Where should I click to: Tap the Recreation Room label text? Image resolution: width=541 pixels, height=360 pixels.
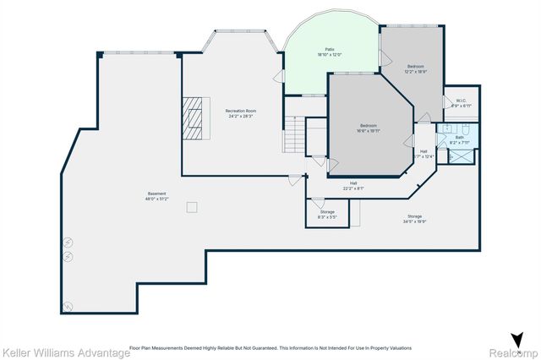pos(241,113)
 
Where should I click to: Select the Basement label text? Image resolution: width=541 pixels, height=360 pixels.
pos(157,196)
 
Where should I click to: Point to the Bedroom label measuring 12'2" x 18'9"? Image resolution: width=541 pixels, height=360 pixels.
pos(415,68)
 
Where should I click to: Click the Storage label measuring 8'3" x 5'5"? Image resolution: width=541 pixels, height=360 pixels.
pos(327,214)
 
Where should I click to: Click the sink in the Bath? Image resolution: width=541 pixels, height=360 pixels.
pos(444,129)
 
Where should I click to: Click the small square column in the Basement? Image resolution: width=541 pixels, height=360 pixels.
pos(193,206)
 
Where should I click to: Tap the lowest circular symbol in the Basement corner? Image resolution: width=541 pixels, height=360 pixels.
pos(69,305)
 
